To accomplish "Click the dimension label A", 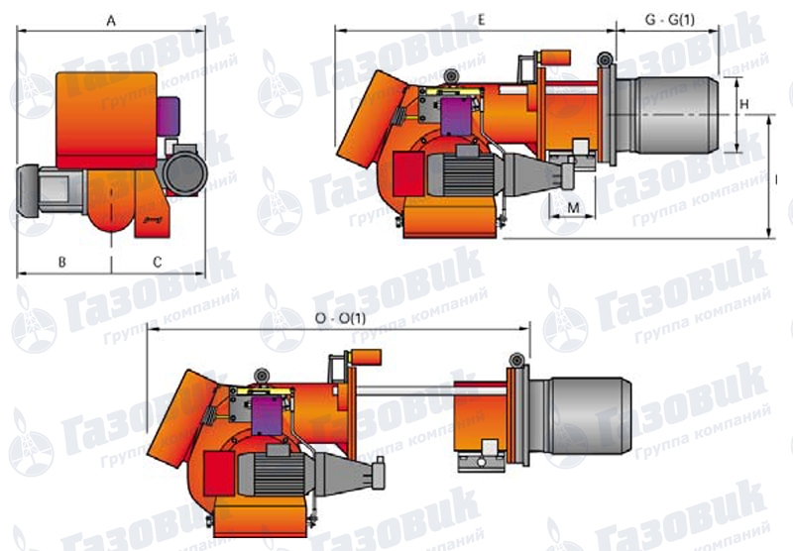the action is [x=111, y=21].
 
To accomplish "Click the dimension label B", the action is [x=62, y=262].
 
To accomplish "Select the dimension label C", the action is [x=158, y=262].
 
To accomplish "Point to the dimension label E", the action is [x=481, y=20].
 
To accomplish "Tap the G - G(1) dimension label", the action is [x=670, y=20].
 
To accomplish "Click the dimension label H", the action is [x=744, y=104].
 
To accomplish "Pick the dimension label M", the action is [x=573, y=207].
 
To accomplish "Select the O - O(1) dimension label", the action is [x=340, y=318].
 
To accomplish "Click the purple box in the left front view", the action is [x=168, y=117].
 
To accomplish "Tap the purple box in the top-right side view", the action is [x=457, y=117].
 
